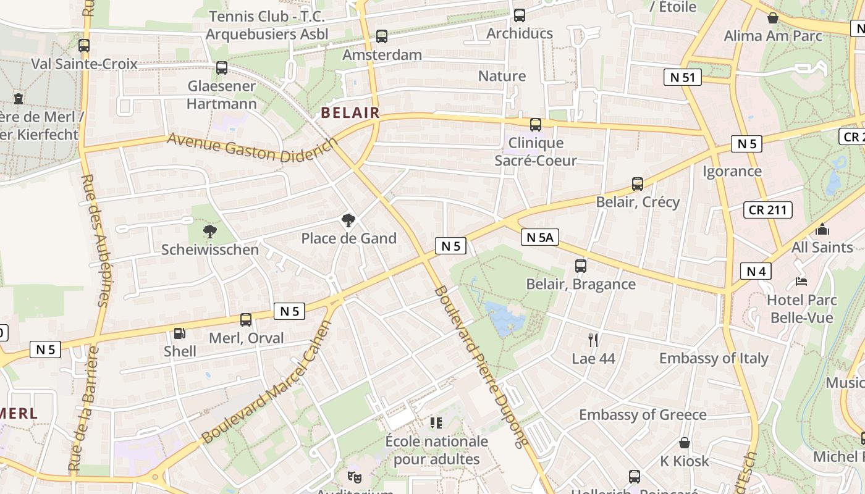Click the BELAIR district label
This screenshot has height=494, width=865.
point(350,112)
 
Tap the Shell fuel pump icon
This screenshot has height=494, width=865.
point(179,333)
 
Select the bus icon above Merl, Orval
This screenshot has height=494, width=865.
point(246,320)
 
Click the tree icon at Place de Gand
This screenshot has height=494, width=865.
point(348,220)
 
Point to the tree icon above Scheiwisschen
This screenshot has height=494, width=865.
point(210,232)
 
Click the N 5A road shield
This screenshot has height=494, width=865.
point(540,237)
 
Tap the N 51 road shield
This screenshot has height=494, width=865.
point(682,77)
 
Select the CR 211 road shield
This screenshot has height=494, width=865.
point(767,209)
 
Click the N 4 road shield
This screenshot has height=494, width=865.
point(756,271)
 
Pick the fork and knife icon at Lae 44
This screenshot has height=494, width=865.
point(593,340)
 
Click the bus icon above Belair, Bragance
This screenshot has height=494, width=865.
point(581,266)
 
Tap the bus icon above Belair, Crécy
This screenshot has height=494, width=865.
point(638,184)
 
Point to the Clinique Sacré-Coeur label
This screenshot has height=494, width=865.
point(536,152)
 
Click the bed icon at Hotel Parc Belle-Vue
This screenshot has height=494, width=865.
point(801,282)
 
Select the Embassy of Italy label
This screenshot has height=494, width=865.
point(714,358)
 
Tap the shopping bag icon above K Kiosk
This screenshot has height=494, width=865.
point(685,443)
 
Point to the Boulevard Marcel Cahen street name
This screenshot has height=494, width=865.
point(267,383)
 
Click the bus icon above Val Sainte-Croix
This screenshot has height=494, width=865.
point(84,46)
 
